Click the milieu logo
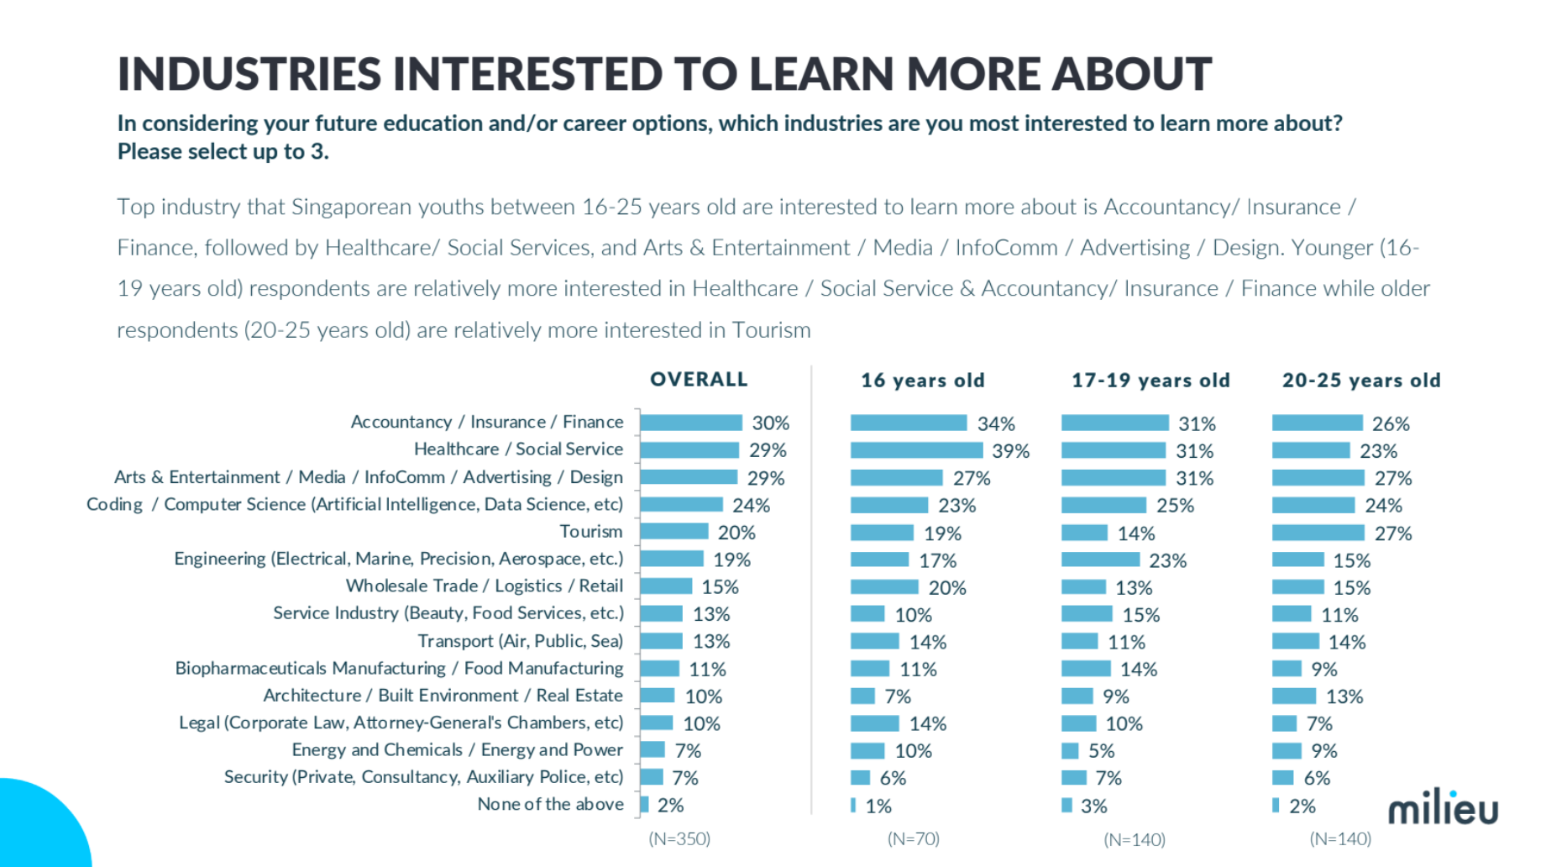(x=1443, y=807)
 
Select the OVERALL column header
(x=699, y=380)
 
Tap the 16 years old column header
(x=922, y=381)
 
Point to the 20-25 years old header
(x=1361, y=381)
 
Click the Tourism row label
(x=591, y=532)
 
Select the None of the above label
(x=550, y=804)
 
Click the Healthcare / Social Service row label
(x=518, y=449)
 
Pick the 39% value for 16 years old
(x=1010, y=451)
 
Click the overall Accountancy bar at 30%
(x=691, y=423)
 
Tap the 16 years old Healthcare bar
(x=916, y=450)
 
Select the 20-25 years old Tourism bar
(x=1318, y=533)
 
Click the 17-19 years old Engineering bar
(x=1100, y=560)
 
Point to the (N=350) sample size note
(x=679, y=838)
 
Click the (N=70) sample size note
(x=914, y=838)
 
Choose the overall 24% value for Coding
(x=751, y=506)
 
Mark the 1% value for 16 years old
(x=878, y=807)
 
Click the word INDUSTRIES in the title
(x=249, y=74)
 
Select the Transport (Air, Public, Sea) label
(x=521, y=641)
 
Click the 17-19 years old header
(x=1150, y=381)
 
